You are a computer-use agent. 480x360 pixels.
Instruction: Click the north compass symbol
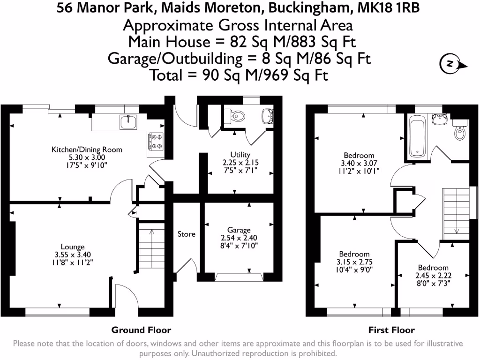point(450,64)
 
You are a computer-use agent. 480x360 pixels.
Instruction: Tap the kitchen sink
point(127,122)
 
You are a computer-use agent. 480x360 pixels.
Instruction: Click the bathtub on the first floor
point(417,137)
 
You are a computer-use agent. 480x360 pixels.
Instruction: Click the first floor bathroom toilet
point(459,132)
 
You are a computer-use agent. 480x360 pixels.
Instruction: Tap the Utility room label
point(240,155)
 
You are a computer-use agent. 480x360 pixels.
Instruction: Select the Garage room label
point(239,230)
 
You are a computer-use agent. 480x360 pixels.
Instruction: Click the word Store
point(186,234)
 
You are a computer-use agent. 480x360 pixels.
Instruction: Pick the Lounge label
point(73,247)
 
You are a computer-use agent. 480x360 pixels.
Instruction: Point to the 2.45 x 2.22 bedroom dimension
point(434,276)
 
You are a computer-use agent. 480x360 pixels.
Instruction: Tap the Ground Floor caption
point(141,330)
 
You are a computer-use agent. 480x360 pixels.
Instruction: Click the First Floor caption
point(391,330)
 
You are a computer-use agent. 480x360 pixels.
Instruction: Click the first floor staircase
point(456,210)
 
